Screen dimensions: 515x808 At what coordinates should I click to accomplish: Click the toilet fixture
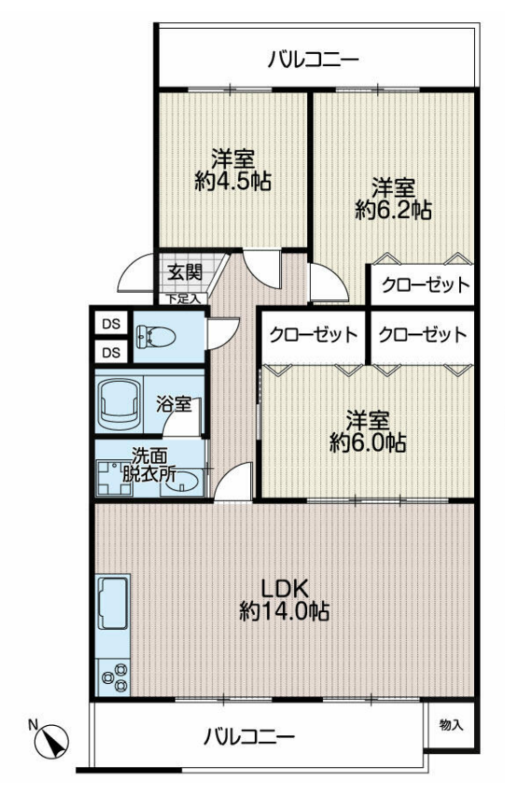coord(154,337)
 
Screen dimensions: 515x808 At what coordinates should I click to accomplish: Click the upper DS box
coord(111,324)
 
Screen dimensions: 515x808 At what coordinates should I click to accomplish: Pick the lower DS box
coord(111,353)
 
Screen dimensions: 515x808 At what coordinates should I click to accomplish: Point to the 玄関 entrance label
coord(185,272)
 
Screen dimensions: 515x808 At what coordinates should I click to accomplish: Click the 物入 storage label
coord(451,725)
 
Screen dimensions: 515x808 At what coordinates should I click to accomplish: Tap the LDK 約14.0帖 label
coord(284,600)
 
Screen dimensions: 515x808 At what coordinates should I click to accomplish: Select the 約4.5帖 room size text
coord(233,181)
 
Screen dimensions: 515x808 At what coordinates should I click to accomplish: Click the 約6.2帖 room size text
coord(394,210)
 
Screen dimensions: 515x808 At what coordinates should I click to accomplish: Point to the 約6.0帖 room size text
coord(368,442)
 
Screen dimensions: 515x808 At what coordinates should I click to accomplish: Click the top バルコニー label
coord(313,61)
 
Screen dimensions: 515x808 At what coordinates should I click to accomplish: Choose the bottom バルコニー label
coord(248,736)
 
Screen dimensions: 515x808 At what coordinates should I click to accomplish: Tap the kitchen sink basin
coord(112,603)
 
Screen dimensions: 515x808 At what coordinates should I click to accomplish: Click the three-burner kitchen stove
coord(114,676)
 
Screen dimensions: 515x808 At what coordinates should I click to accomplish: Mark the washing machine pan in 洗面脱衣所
coord(115,479)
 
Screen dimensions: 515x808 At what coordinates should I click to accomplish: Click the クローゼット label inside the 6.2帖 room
coord(425,284)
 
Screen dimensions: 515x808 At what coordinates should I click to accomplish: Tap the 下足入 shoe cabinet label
coord(183,299)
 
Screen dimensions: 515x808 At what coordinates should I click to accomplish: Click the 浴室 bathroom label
coord(174,404)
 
